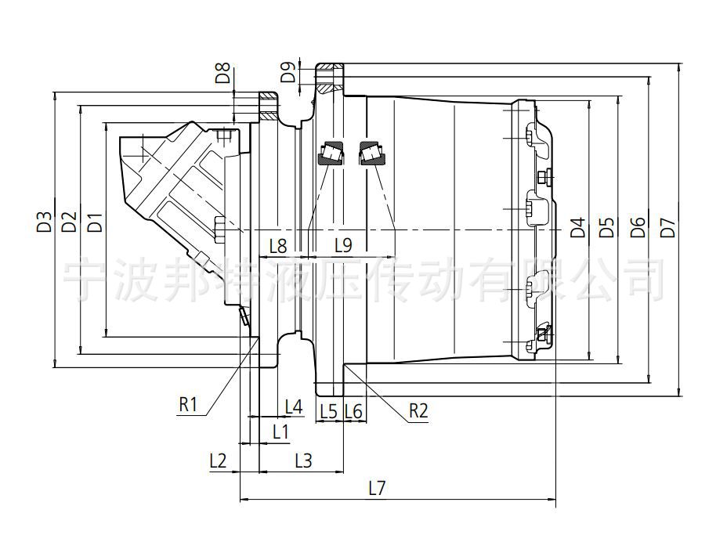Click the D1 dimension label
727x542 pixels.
[95, 222]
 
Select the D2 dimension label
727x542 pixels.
[69, 222]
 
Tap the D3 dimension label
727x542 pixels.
[44, 222]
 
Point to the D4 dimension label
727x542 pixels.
[577, 227]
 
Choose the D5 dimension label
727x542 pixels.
[606, 227]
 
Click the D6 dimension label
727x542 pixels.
[638, 227]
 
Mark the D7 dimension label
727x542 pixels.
[668, 227]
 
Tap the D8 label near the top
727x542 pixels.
[223, 73]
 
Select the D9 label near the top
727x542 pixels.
[288, 73]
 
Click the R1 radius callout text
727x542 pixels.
[188, 405]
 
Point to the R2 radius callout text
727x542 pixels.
[418, 410]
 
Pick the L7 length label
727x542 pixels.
[377, 488]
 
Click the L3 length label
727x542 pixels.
[304, 461]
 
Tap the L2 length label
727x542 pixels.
[218, 461]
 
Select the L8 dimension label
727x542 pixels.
[278, 246]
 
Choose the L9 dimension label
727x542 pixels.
[344, 245]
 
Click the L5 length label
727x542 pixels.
[329, 410]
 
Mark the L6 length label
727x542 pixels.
[354, 410]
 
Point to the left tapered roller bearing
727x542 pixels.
[330, 153]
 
